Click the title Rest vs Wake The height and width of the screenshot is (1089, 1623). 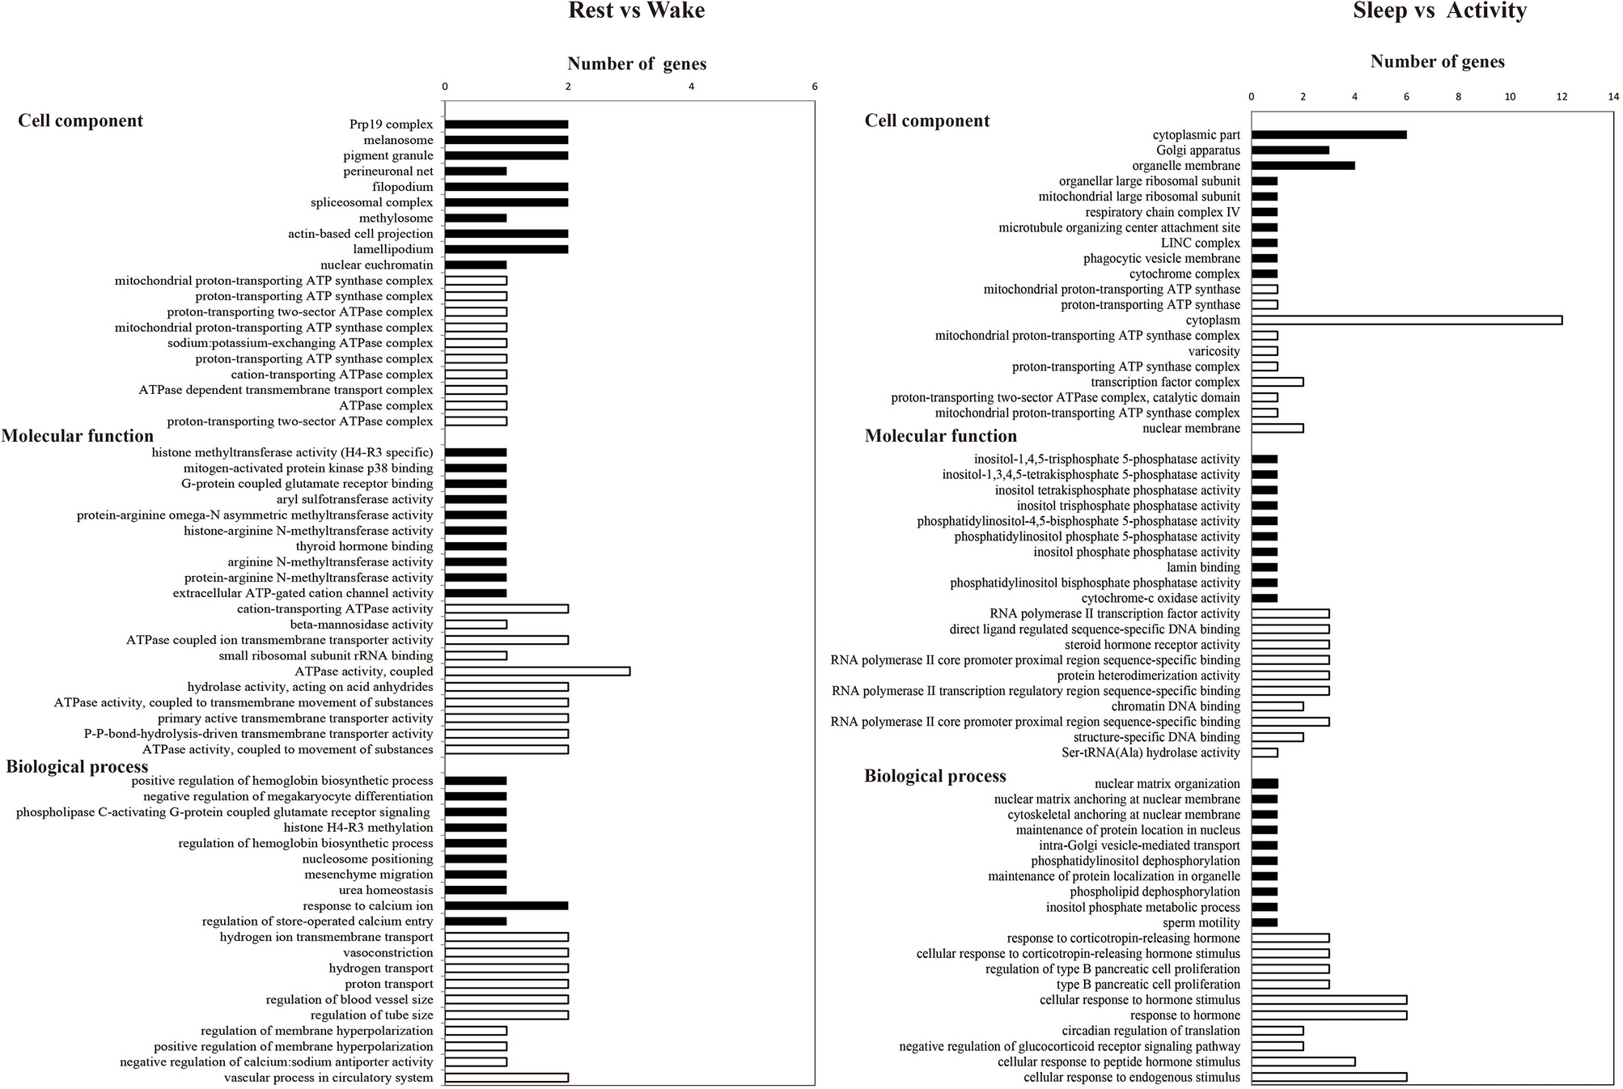pyautogui.click(x=636, y=11)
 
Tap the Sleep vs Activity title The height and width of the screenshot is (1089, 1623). pyautogui.click(x=1439, y=11)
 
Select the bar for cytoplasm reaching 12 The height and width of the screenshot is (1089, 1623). pyautogui.click(x=1406, y=320)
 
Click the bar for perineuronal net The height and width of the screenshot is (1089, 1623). pyautogui.click(x=476, y=172)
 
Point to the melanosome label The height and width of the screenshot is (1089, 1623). pyautogui.click(x=398, y=140)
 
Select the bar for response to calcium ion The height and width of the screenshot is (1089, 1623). pyautogui.click(x=506, y=906)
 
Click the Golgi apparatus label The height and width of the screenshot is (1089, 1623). pyautogui.click(x=1198, y=150)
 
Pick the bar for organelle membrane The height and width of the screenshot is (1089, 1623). pyautogui.click(x=1303, y=166)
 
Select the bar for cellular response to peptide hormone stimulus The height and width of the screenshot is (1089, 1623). pyautogui.click(x=1303, y=1062)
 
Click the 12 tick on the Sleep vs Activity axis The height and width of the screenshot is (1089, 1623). pyautogui.click(x=1562, y=96)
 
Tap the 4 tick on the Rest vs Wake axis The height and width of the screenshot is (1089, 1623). pyautogui.click(x=691, y=87)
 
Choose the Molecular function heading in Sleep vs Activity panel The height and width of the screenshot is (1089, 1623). pyautogui.click(x=940, y=436)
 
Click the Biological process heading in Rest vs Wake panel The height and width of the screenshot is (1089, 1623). pyautogui.click(x=77, y=767)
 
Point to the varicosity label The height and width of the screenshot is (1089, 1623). pyautogui.click(x=1214, y=351)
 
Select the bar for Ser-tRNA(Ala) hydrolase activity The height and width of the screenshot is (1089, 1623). pyautogui.click(x=1265, y=753)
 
